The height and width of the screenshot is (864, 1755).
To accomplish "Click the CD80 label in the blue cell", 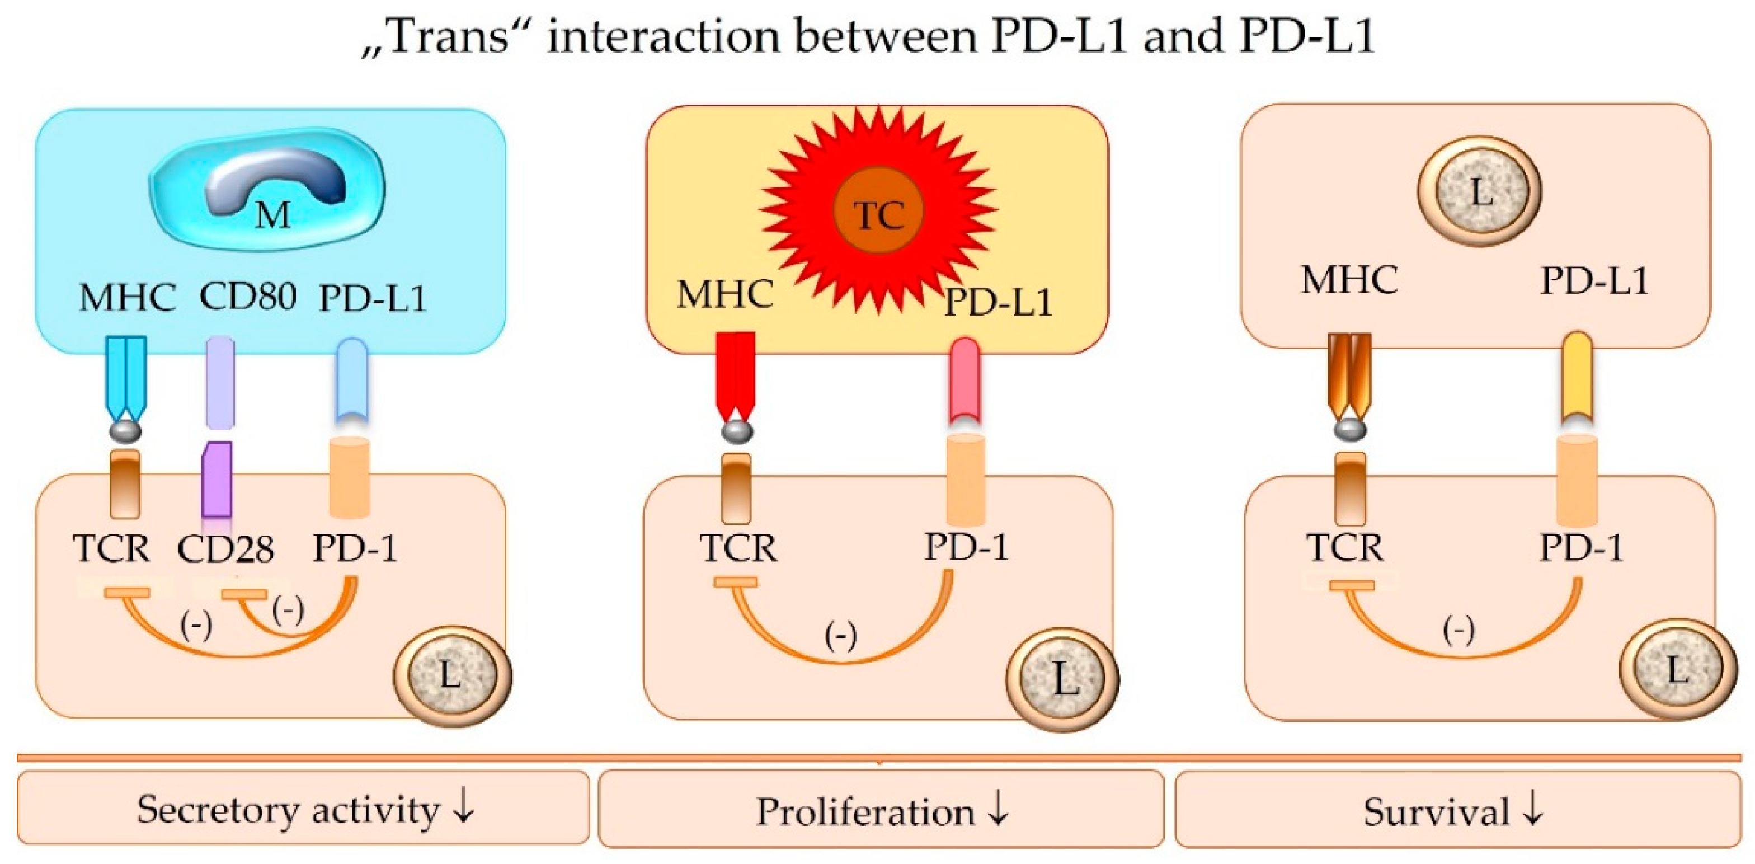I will click(247, 297).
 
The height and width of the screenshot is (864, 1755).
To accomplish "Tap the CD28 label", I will click(225, 549).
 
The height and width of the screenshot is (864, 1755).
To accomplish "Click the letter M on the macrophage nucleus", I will click(272, 215).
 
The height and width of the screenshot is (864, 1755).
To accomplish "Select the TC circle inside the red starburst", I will click(879, 215).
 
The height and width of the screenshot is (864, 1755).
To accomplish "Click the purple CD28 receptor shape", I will click(218, 480).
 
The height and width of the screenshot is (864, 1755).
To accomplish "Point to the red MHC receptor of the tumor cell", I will click(735, 375).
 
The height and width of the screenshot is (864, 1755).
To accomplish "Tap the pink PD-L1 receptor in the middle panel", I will click(964, 382).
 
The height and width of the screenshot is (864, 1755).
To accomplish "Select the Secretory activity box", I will click(303, 809).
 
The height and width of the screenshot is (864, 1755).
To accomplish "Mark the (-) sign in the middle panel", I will click(841, 636).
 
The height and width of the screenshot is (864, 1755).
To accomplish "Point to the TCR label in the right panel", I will click(1345, 548).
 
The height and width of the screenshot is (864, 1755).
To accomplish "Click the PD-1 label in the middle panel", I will click(967, 547).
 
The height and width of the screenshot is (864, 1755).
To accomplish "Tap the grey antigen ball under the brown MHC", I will click(1349, 430).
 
